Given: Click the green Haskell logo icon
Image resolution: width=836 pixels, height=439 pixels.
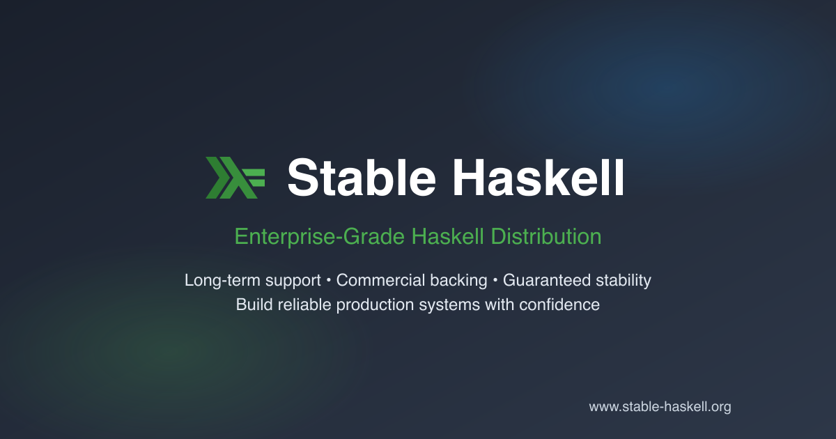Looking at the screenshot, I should click(x=235, y=177).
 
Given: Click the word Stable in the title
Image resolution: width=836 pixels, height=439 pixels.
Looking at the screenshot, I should click(x=361, y=177).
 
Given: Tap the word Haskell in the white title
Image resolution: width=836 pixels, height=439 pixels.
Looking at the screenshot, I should click(x=538, y=177).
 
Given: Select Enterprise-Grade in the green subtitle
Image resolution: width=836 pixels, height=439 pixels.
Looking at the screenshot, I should click(x=320, y=237).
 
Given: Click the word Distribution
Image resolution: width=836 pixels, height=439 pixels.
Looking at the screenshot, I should click(x=546, y=237).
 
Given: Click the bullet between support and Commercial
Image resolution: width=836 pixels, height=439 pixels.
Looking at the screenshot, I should click(x=328, y=281).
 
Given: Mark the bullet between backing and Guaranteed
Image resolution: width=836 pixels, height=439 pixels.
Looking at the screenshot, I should click(x=495, y=281).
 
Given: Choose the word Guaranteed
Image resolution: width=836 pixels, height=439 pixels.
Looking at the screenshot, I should click(x=547, y=281).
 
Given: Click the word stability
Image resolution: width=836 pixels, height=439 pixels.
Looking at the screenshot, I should click(x=624, y=281).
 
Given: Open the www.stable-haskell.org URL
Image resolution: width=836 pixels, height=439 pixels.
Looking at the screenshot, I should click(x=660, y=407).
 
